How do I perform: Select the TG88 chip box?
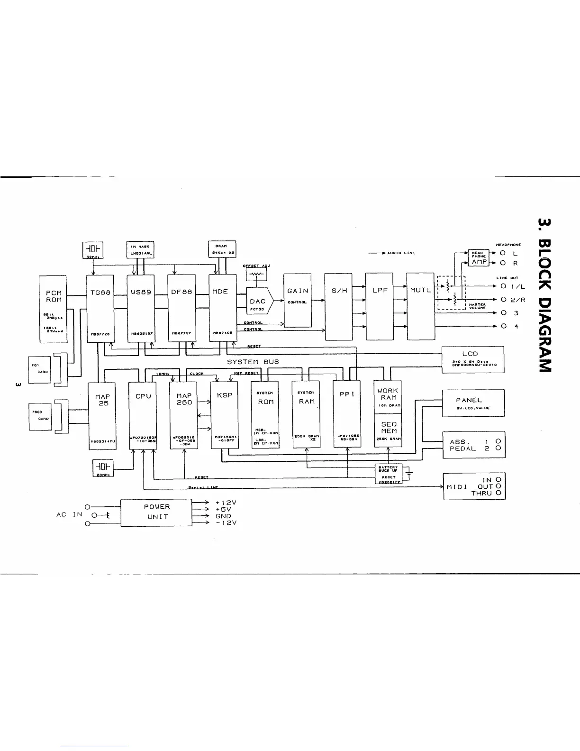(x=100, y=307)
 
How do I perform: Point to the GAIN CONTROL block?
(x=298, y=300)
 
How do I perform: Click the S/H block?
(x=339, y=306)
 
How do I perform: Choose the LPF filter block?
(x=380, y=306)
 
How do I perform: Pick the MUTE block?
(x=420, y=306)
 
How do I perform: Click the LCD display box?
(x=472, y=359)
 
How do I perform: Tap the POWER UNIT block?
(x=156, y=513)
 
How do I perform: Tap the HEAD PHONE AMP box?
(x=480, y=257)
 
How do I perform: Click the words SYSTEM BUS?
(x=253, y=362)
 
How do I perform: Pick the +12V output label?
(x=226, y=503)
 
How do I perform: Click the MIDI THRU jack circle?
(x=498, y=493)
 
